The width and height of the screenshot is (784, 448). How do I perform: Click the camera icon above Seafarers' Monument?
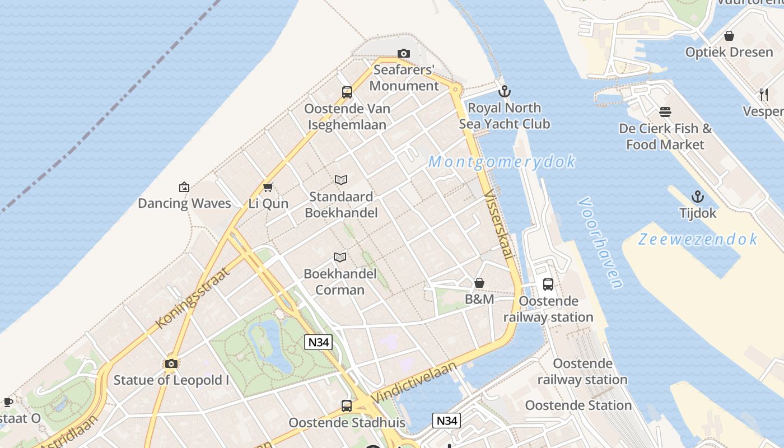point(403,54)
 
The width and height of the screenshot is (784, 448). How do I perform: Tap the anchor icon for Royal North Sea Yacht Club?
point(505,91)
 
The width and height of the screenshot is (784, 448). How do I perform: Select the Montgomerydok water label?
point(502,162)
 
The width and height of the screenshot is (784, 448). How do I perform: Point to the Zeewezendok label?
point(698,240)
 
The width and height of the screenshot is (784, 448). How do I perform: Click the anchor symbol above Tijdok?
point(697,197)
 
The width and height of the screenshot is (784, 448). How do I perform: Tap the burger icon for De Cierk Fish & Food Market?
point(665,112)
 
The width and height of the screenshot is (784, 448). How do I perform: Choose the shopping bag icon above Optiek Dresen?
point(729,36)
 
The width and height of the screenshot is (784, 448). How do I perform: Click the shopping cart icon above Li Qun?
point(268,187)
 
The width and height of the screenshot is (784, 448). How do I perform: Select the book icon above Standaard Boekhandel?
point(341,180)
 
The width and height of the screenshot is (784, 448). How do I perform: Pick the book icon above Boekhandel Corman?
point(339,257)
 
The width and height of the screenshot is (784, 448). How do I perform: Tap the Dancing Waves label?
point(184,203)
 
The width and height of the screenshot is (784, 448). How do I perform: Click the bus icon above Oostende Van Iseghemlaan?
point(347,92)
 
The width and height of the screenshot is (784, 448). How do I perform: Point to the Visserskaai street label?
point(498,224)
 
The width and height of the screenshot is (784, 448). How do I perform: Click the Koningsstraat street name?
point(193,298)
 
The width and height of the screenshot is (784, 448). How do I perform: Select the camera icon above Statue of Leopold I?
point(171,364)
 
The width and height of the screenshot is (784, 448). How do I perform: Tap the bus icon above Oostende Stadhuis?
point(347,406)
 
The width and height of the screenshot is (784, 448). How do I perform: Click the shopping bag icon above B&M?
point(479,283)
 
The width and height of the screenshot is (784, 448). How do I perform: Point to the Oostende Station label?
point(578,405)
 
